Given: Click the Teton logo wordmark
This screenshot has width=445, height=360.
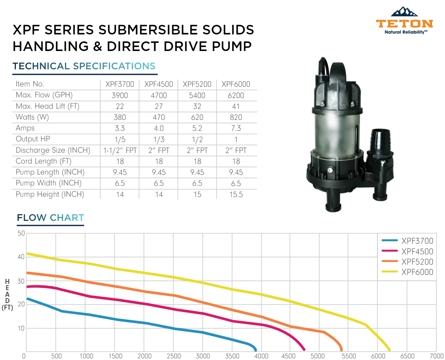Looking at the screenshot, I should (x=404, y=24).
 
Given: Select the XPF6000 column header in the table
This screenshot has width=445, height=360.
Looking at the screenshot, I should (x=236, y=84).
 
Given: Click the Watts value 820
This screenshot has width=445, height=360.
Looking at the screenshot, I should (x=236, y=117).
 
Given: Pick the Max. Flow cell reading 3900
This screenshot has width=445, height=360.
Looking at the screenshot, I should (x=120, y=95).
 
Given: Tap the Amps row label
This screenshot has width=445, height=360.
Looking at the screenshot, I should (x=25, y=128).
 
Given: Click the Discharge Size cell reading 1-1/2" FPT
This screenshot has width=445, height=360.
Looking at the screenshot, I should (x=120, y=150).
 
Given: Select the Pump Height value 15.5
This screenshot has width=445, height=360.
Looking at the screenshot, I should (x=236, y=194).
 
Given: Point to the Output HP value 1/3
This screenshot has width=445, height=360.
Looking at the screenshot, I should (x=159, y=139).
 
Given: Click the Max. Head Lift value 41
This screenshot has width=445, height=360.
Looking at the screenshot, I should (x=236, y=106).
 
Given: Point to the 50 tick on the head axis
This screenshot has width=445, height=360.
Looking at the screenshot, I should (x=21, y=233).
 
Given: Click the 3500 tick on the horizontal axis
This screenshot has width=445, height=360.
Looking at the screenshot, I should (x=232, y=356).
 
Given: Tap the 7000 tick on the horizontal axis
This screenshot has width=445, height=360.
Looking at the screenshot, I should (x=436, y=356).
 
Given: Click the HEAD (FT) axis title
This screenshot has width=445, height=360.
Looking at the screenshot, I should (x=7, y=294).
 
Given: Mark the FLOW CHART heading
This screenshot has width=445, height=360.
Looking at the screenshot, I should (x=50, y=218).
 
